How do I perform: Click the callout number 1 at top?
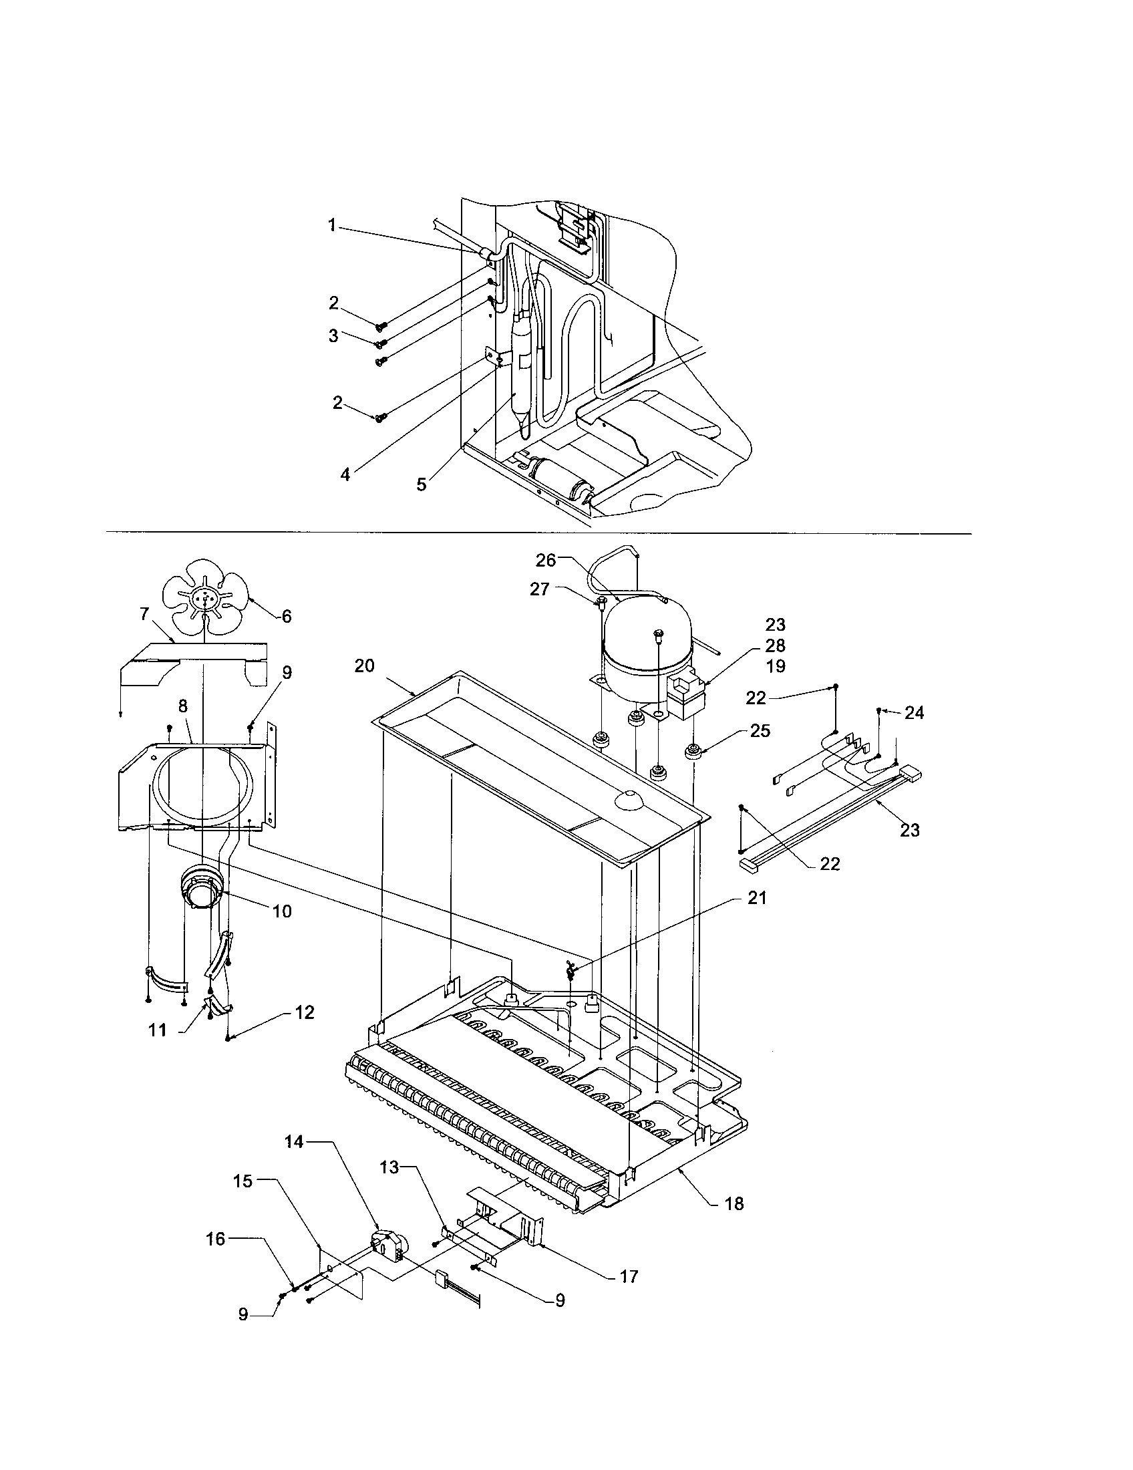[x=332, y=225]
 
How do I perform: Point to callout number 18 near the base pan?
[x=735, y=1203]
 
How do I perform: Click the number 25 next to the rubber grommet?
[x=760, y=731]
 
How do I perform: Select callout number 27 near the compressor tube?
[x=539, y=589]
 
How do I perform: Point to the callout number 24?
[x=914, y=713]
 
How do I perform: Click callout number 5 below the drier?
[x=421, y=484]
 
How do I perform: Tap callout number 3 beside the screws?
[x=334, y=335]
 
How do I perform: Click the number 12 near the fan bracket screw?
[x=305, y=1032]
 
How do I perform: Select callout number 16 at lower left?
[x=215, y=1238]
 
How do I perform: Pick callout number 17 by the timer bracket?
[x=629, y=1276]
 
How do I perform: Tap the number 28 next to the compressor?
[x=775, y=645]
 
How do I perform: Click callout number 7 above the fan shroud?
[x=144, y=613]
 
